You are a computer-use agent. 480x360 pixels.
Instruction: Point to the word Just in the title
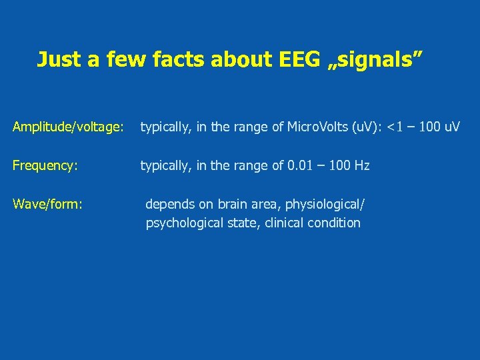[59, 59]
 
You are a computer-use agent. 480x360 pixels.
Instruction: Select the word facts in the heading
[175, 59]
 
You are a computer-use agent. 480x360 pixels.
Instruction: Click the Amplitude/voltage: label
[68, 127]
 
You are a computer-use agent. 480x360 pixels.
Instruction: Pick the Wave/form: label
[47, 203]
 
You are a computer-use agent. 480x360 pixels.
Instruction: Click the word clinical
[284, 223]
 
